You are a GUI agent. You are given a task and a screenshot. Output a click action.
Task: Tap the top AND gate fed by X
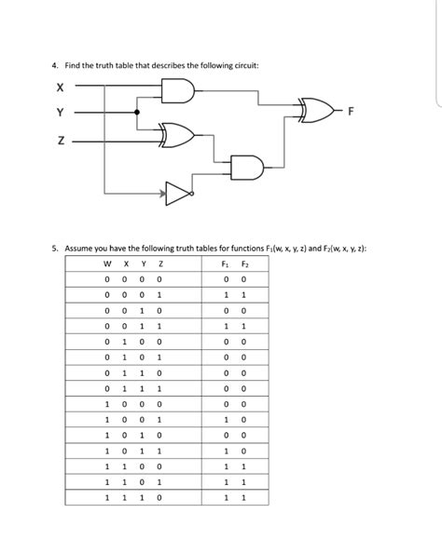177,90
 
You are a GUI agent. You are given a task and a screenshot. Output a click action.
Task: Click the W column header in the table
108,263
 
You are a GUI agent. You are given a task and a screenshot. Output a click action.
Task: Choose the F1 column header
226,263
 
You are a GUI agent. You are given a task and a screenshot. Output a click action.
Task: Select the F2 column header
243,263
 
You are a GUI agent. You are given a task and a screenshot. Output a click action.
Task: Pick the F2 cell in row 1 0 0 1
244,419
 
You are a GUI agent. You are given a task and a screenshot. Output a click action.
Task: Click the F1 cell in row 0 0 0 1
226,294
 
